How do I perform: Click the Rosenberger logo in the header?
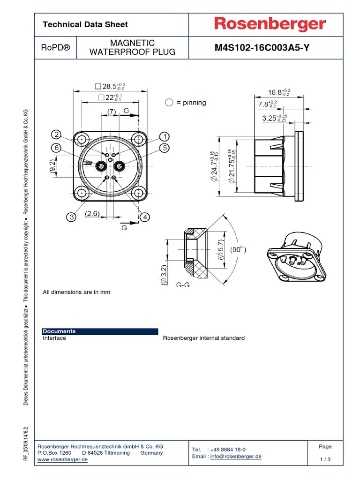point(270,24)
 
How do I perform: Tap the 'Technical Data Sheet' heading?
point(85,24)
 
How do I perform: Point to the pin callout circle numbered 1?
point(165,136)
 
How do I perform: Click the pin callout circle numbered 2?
point(57,135)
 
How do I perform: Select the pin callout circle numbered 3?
point(70,217)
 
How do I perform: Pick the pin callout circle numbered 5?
point(165,148)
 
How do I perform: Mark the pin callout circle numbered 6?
point(57,147)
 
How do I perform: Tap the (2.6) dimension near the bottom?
point(92,214)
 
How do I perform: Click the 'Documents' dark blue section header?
point(59,331)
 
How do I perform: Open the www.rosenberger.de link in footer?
point(62,460)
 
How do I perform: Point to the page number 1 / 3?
point(325,459)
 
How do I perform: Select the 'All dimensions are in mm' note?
point(76,292)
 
